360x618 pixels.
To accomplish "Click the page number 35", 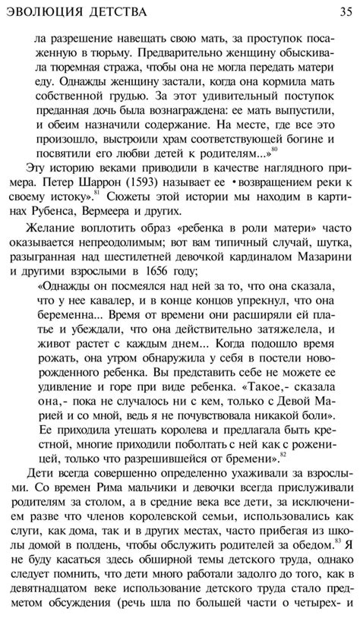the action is pyautogui.click(x=339, y=10).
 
